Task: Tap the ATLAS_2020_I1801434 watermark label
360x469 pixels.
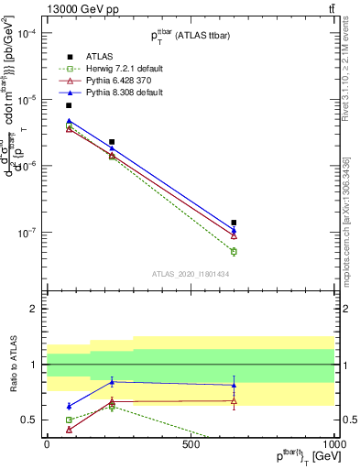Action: [191, 274]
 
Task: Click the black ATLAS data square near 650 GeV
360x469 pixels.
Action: [234, 223]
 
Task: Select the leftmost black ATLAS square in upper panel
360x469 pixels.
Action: [69, 105]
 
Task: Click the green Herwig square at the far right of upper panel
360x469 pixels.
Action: [234, 251]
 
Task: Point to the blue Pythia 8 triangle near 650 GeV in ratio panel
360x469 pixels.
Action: [234, 385]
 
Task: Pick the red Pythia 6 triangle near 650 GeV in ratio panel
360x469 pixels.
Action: [234, 400]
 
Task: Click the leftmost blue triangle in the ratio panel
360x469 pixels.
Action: [69, 406]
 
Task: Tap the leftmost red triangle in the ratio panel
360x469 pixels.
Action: [69, 429]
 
